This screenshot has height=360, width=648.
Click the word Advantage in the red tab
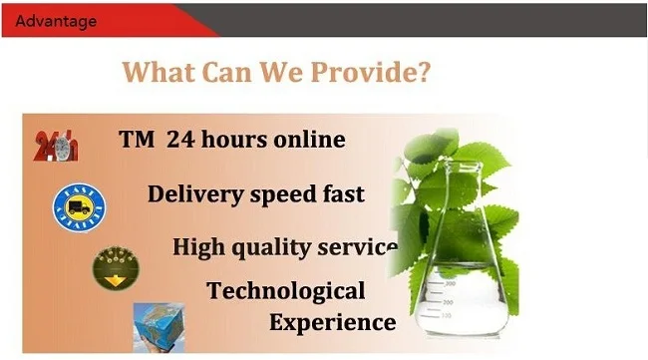tap(57, 21)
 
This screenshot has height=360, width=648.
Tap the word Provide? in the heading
tap(381, 73)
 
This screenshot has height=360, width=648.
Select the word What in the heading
tap(160, 73)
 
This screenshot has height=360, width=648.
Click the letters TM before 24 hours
tap(136, 141)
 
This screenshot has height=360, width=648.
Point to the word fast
tap(343, 194)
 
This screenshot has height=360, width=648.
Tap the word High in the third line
tap(200, 247)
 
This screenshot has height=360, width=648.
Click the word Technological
tap(286, 291)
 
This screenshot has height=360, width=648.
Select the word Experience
tap(333, 323)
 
